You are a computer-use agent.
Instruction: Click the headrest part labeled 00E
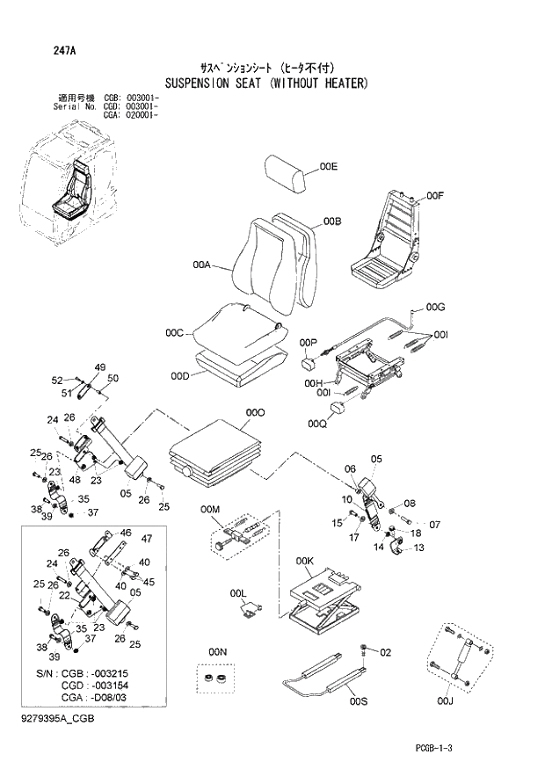click(287, 175)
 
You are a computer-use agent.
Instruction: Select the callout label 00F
click(435, 195)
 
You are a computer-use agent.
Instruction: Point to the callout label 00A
click(200, 264)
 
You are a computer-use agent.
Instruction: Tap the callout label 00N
click(217, 651)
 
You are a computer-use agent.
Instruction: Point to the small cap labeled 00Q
click(339, 410)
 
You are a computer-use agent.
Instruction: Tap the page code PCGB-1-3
click(440, 747)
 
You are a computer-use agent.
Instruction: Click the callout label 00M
click(210, 510)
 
